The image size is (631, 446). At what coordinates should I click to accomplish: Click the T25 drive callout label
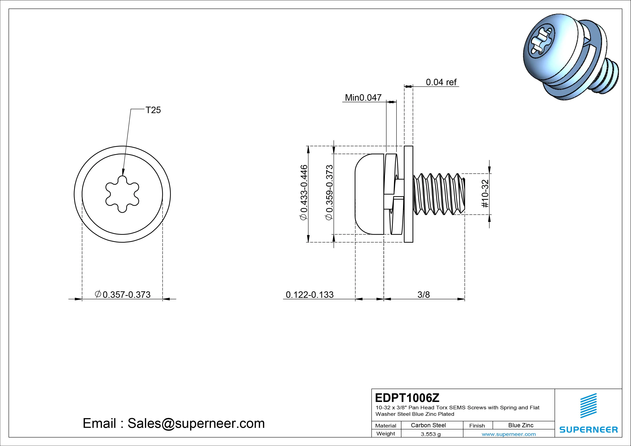(x=153, y=110)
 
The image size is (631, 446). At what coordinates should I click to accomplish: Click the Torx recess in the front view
(x=122, y=194)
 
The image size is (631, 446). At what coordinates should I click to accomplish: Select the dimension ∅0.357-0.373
(x=123, y=295)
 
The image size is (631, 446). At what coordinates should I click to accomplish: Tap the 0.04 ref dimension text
(x=441, y=82)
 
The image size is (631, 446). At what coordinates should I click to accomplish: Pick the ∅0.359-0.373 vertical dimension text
(x=329, y=192)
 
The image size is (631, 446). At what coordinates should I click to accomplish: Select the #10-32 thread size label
(x=485, y=194)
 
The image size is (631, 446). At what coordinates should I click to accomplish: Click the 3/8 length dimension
(x=423, y=295)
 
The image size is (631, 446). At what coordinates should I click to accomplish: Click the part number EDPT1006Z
(x=407, y=398)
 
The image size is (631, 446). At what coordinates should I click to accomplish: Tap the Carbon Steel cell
(x=428, y=425)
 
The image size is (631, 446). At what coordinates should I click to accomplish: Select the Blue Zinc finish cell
(x=521, y=425)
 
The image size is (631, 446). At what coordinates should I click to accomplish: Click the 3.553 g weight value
(x=431, y=434)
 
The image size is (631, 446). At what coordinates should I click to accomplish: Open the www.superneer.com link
(x=509, y=434)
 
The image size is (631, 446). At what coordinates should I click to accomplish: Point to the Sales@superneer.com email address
(x=196, y=423)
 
